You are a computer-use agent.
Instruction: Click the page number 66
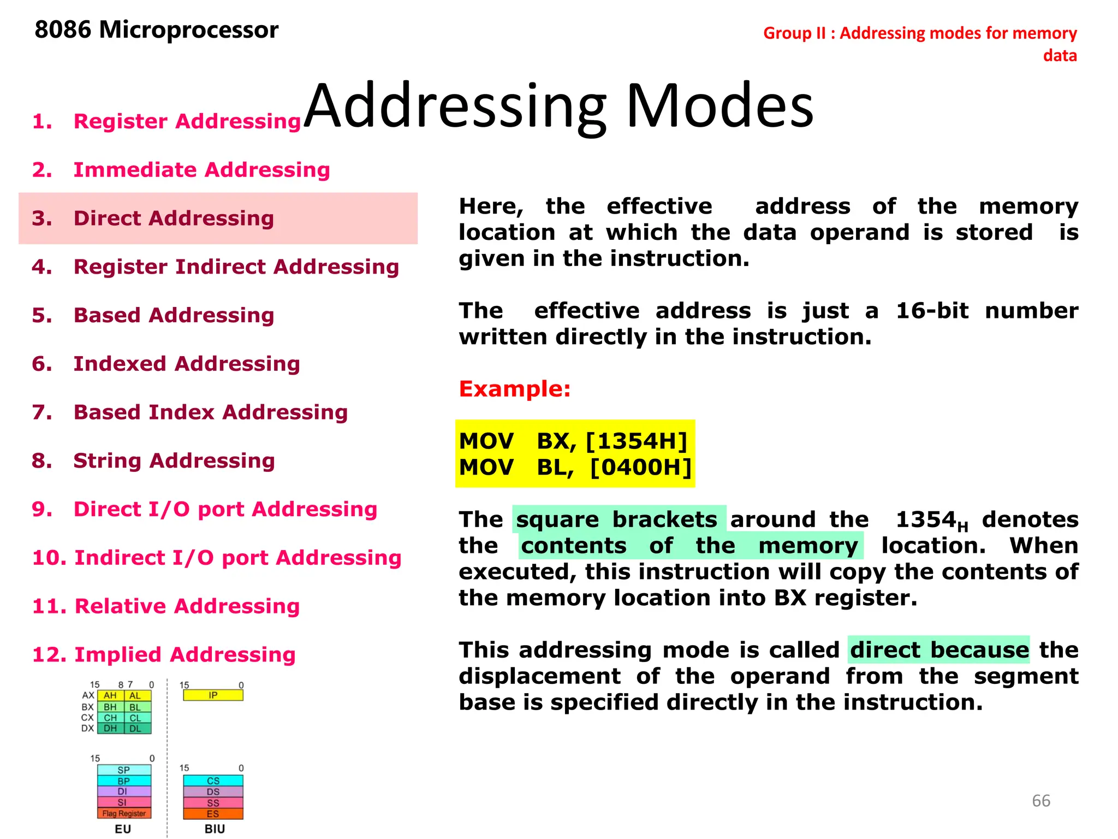1040,801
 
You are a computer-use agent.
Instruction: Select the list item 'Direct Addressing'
173,218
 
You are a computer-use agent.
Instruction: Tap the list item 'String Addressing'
174,461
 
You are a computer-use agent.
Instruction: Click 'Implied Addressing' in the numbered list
185,655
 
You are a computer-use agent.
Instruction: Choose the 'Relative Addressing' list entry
187,606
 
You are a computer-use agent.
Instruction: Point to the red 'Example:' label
514,389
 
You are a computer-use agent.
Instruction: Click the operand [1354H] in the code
636,441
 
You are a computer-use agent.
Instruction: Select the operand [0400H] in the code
641,468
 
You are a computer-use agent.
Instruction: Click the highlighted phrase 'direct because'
939,650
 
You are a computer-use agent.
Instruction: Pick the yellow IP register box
213,695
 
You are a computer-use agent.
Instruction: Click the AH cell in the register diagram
110,696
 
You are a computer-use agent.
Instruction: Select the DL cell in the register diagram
135,729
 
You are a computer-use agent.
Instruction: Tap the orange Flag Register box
124,814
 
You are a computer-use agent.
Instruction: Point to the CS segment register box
213,781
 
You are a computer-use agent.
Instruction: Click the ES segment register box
213,814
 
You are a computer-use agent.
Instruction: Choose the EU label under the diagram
123,829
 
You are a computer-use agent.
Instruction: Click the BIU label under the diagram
215,829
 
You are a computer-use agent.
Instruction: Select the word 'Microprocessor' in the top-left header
189,30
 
